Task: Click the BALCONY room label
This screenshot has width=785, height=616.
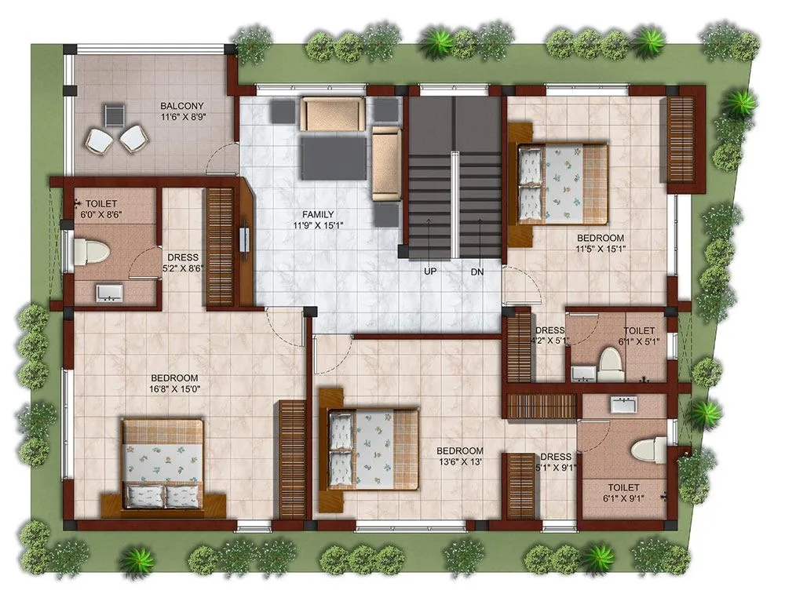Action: pos(182,106)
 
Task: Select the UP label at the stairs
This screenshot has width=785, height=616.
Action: pos(429,272)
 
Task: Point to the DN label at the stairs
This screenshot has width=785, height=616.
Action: pos(477,272)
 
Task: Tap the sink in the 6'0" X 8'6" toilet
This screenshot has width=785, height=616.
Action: pos(108,293)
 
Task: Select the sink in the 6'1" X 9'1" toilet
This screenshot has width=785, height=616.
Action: pos(625,405)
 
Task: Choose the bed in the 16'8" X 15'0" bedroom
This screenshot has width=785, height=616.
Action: pos(163,462)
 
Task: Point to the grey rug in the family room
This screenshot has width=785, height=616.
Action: pos(334,156)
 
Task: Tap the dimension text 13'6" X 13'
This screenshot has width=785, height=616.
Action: pos(459,463)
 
